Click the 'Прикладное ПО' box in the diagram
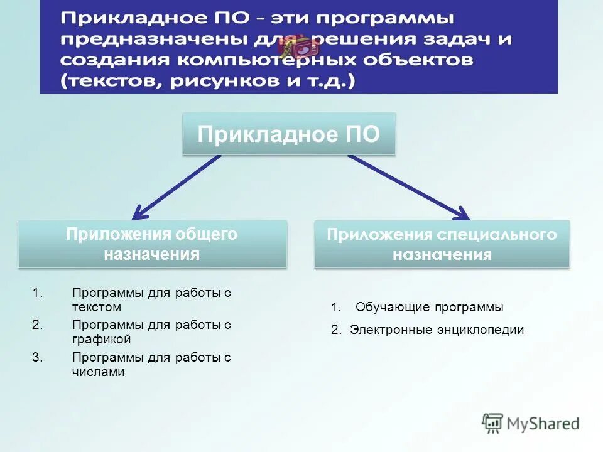pyautogui.click(x=289, y=134)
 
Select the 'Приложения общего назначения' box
pyautogui.click(x=152, y=244)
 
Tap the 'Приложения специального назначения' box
pyautogui.click(x=442, y=244)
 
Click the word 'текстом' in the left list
pyautogui.click(x=97, y=308)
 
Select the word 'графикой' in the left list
pyautogui.click(x=101, y=340)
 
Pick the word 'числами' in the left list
pyautogui.click(x=99, y=372)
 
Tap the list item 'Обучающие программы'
pyautogui.click(x=429, y=308)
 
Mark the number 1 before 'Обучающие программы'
pyautogui.click(x=335, y=308)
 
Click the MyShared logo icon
pyautogui.click(x=493, y=423)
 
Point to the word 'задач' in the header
pyautogui.click(x=455, y=40)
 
